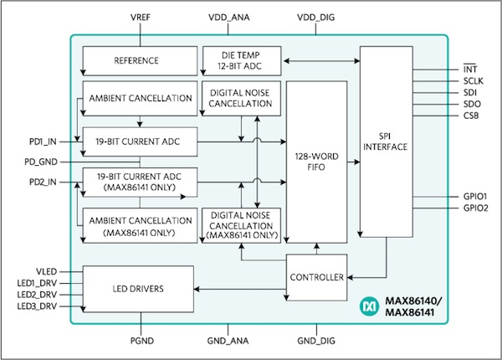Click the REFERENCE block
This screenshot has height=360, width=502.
coord(137,61)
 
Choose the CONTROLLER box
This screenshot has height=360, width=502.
coord(316,278)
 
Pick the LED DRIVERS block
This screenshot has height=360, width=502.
coord(137,289)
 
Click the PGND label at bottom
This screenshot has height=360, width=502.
coord(140,342)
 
